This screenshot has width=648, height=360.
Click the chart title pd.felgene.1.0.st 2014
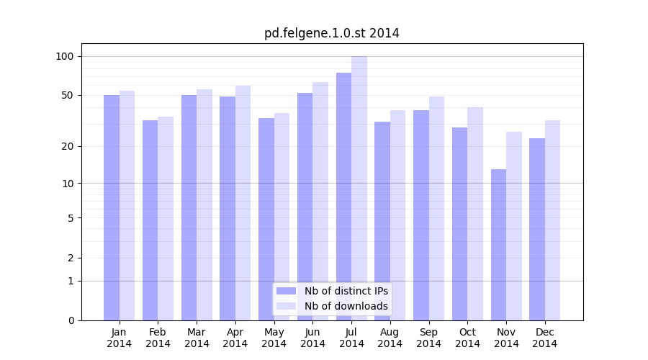[x=331, y=33]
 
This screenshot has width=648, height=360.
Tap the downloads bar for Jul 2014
[x=359, y=188]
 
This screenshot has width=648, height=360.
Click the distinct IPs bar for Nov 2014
[x=498, y=245]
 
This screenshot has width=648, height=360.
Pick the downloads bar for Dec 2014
[x=552, y=220]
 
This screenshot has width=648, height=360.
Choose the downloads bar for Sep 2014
[x=436, y=208]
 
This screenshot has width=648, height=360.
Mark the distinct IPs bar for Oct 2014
[x=459, y=224]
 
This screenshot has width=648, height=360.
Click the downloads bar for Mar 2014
[x=204, y=204]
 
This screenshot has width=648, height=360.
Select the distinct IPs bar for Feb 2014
[x=150, y=220]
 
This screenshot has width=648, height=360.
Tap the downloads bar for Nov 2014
[x=514, y=226]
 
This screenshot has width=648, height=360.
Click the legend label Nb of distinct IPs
[x=346, y=291]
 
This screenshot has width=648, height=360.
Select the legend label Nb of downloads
[x=346, y=306]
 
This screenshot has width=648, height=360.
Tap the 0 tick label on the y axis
[x=71, y=320]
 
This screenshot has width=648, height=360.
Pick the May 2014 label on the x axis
[x=274, y=338]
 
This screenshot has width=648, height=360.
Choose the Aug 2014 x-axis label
[x=390, y=338]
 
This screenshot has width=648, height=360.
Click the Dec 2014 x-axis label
[x=544, y=338]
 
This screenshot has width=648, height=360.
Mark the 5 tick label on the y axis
[x=71, y=217]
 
